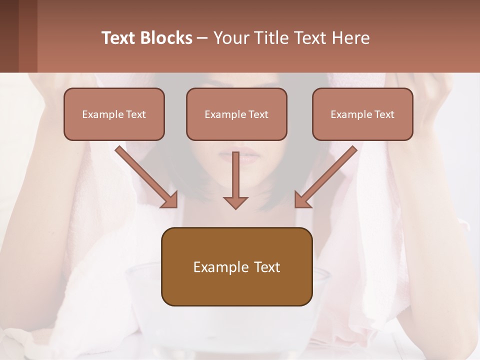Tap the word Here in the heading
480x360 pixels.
(x=352, y=38)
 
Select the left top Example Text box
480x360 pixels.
(x=114, y=114)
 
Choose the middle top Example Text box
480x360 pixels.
(x=236, y=114)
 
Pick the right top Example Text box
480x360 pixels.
(x=362, y=114)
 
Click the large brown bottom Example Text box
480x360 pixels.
(x=236, y=266)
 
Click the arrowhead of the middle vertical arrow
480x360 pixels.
(x=235, y=202)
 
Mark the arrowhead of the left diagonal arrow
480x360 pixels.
(x=170, y=199)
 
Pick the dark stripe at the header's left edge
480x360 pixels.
(x=9, y=36)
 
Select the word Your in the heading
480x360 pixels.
(x=230, y=38)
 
